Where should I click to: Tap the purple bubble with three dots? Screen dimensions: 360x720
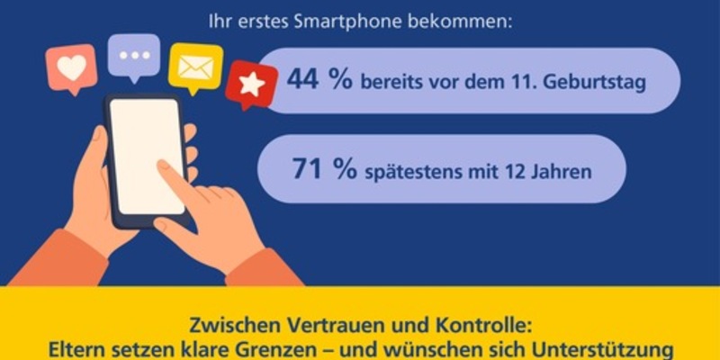pos(134,57)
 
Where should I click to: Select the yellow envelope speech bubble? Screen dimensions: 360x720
pos(195,66)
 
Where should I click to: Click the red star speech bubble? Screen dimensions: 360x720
pos(251,84)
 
